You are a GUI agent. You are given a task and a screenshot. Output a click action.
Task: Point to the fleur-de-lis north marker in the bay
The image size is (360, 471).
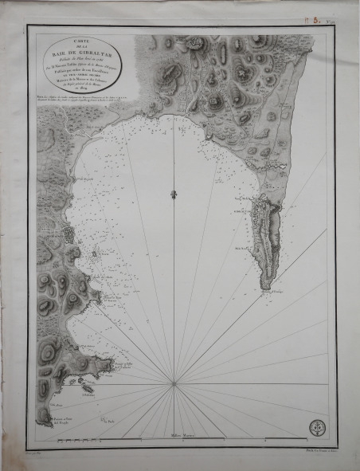tap(173, 193)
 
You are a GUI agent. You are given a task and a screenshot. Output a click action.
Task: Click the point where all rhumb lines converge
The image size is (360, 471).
tap(174, 384)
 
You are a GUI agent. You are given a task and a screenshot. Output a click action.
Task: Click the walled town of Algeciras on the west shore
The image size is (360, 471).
tap(68, 236)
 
